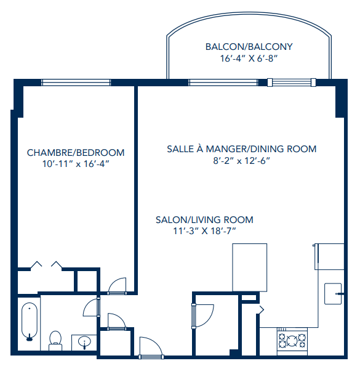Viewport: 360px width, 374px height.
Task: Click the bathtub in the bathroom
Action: [29, 322]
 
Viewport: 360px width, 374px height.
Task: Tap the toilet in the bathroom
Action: [55, 339]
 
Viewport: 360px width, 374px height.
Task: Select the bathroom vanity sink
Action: [84, 341]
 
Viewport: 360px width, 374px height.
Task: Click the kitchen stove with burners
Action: [292, 341]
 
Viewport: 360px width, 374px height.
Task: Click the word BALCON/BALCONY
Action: [249, 47]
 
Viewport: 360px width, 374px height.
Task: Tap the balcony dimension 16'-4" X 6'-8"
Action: [249, 59]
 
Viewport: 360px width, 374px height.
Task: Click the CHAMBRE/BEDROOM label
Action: [76, 153]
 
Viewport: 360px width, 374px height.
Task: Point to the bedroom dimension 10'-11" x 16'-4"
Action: [76, 165]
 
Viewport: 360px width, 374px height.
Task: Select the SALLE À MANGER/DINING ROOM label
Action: [242, 148]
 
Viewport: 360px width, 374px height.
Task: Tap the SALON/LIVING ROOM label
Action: [204, 220]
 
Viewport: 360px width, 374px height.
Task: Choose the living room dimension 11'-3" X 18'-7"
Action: [204, 232]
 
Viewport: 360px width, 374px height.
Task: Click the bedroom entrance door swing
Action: [116, 285]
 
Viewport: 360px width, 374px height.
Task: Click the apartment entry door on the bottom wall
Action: [150, 348]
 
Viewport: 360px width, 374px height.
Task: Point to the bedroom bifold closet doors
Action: [47, 265]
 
